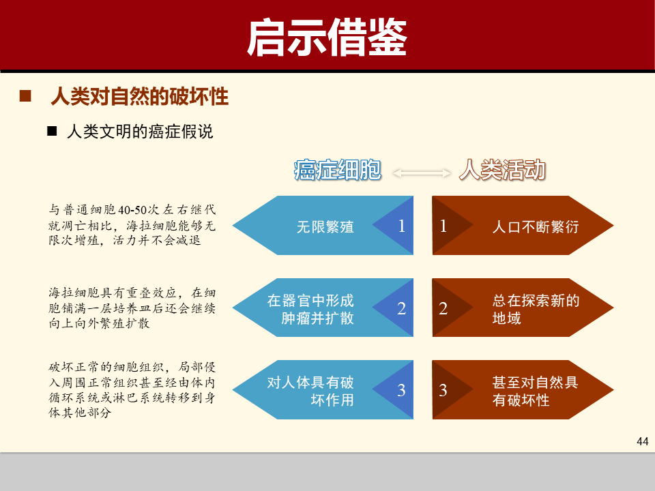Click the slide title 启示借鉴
pos(327,38)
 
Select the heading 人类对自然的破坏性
pos(139,97)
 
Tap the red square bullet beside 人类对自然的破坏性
pos(25,97)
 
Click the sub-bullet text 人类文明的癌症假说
pos(140,132)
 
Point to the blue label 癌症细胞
pos(337,170)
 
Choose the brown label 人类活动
pos(502,170)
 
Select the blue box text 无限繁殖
pos(325,226)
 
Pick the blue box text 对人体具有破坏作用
pos(310,391)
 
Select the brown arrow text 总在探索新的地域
pos(535,309)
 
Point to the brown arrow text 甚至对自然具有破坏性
pos(535,391)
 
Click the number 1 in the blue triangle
pos(401,226)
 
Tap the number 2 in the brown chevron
pos(443,309)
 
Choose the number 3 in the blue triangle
pos(401,391)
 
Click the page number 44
pos(641,441)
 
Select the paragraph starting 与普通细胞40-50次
pos(132,225)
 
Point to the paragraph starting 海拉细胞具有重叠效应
pos(132,308)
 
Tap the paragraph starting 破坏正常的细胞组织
pos(132,389)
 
